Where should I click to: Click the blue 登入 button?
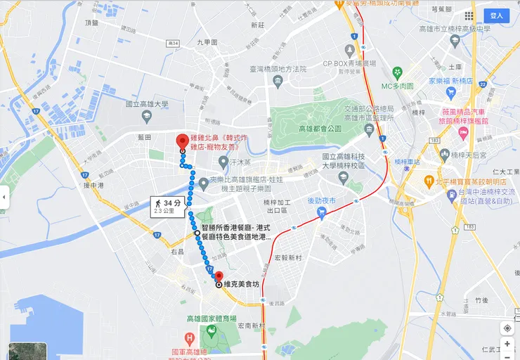pyautogui.click(x=497, y=15)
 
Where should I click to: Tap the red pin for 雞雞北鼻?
pyautogui.click(x=182, y=141)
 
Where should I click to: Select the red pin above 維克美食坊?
pyautogui.click(x=219, y=276)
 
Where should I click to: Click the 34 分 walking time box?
pyautogui.click(x=168, y=205)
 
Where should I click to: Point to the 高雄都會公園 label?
pyautogui.click(x=319, y=129)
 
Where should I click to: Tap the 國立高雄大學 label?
pyautogui.click(x=147, y=104)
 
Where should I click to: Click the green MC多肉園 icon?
pyautogui.click(x=397, y=72)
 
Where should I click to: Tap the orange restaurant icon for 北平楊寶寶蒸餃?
pyautogui.click(x=428, y=182)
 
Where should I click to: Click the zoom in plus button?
pyautogui.click(x=507, y=344)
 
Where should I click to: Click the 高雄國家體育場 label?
pyautogui.click(x=212, y=319)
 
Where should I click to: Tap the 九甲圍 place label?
pyautogui.click(x=208, y=42)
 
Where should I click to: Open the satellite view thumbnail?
pyautogui.click(x=27, y=351)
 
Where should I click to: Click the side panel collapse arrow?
pyautogui.click(x=4, y=198)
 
